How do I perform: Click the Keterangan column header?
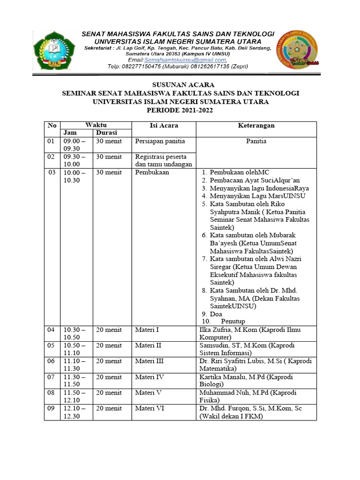click(x=256, y=126)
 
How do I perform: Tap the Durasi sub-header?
click(x=107, y=133)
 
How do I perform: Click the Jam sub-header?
click(x=70, y=133)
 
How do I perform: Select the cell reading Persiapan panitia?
click(x=160, y=141)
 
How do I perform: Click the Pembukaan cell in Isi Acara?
click(x=152, y=172)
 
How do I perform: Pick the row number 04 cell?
click(x=51, y=330)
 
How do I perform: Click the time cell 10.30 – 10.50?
click(x=75, y=333)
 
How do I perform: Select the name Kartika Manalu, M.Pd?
click(x=230, y=377)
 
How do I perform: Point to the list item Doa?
click(x=216, y=314)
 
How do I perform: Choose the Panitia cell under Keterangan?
click(x=256, y=141)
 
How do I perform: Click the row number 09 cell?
click(x=51, y=409)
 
